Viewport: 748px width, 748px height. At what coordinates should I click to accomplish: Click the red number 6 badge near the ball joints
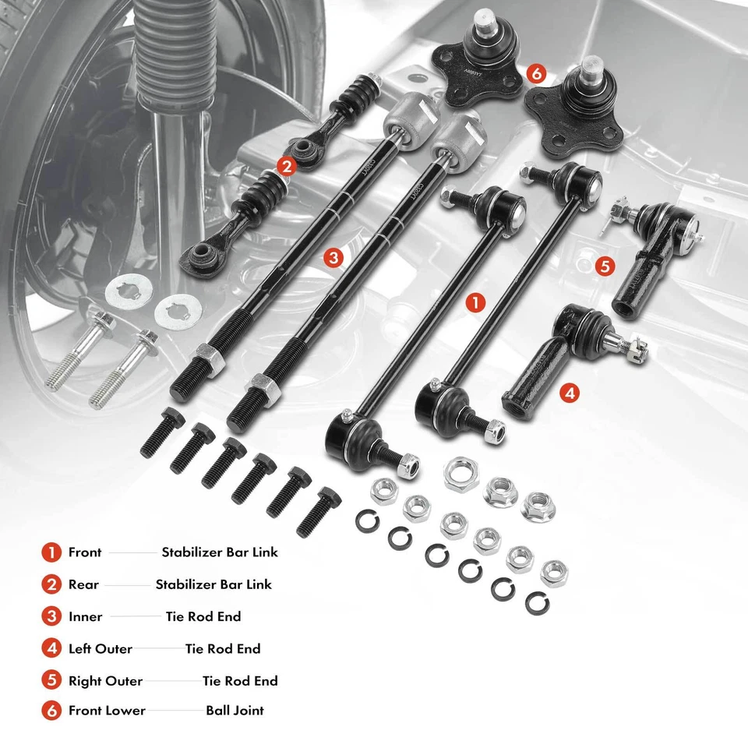535,74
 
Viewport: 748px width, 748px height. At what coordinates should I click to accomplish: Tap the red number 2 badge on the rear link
287,165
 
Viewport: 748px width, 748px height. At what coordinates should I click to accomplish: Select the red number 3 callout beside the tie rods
333,258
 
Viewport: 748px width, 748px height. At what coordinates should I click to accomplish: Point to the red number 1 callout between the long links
475,303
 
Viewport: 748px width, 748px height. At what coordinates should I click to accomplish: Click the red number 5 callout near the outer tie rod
604,266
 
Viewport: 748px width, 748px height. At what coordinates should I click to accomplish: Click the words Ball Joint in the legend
235,711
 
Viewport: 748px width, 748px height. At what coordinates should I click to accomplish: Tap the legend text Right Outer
105,681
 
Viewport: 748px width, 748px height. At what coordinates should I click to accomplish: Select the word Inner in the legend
85,616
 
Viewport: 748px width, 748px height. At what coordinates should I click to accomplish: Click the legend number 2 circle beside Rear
51,584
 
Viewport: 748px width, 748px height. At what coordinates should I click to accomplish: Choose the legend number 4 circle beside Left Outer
51,648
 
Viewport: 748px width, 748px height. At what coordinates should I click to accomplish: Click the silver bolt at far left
78,351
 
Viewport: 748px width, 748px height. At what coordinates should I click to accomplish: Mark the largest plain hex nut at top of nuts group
460,473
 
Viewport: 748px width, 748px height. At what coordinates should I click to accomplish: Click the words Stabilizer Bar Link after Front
220,552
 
